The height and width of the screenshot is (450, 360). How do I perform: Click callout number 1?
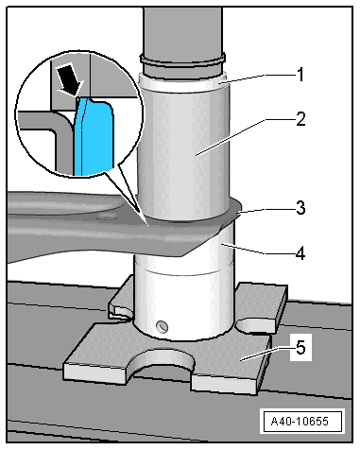click(x=300, y=75)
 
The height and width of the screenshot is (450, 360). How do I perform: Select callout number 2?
click(x=300, y=119)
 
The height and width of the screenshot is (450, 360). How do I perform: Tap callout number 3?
click(x=300, y=208)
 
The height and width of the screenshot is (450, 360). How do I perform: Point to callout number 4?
click(x=300, y=253)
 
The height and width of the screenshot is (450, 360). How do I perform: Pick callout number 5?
click(x=300, y=348)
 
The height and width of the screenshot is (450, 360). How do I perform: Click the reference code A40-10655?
click(x=300, y=421)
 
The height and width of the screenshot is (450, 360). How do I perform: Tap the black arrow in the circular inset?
click(x=70, y=78)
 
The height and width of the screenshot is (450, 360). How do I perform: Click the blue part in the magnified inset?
click(x=94, y=135)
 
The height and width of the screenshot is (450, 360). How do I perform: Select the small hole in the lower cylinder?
click(x=163, y=325)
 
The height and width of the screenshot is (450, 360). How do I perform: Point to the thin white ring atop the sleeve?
click(x=183, y=82)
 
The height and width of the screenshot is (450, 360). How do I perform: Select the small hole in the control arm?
click(x=106, y=217)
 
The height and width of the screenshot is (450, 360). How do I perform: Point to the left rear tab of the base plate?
click(x=120, y=300)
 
